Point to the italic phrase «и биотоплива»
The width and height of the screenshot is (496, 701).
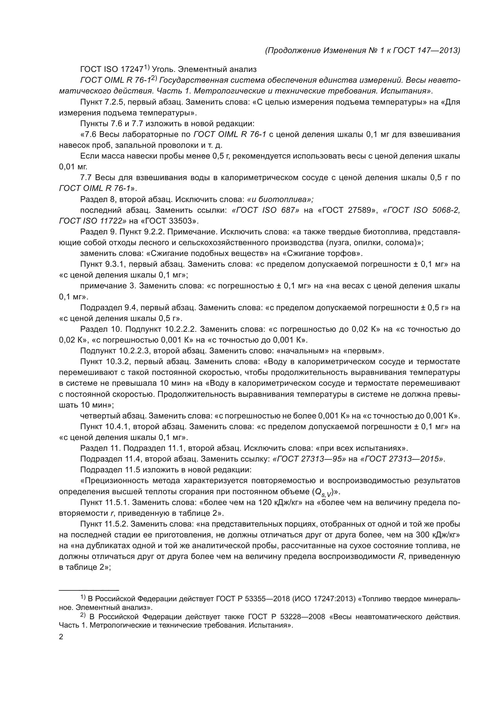coord(280,199)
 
